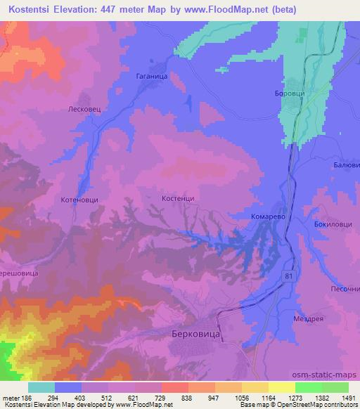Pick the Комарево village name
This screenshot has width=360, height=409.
(x=268, y=218)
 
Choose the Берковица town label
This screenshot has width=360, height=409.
(x=196, y=336)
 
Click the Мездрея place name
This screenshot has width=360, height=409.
(x=309, y=318)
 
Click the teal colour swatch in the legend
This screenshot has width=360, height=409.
(x=41, y=387)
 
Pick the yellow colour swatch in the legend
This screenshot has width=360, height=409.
(x=281, y=387)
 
